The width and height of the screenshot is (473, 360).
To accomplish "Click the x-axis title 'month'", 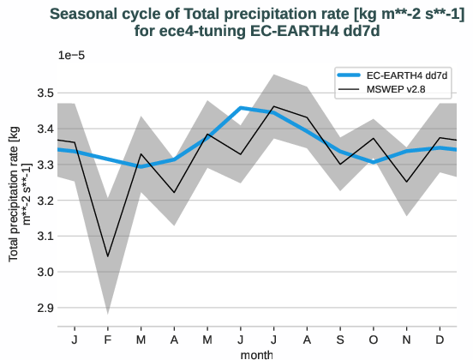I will (257, 353).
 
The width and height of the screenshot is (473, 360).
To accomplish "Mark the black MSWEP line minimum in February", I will (107, 256).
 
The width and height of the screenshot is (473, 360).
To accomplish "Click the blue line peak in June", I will (240, 108).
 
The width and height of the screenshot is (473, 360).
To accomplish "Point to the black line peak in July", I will (273, 107).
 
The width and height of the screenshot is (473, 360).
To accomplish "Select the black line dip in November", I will (406, 182).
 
